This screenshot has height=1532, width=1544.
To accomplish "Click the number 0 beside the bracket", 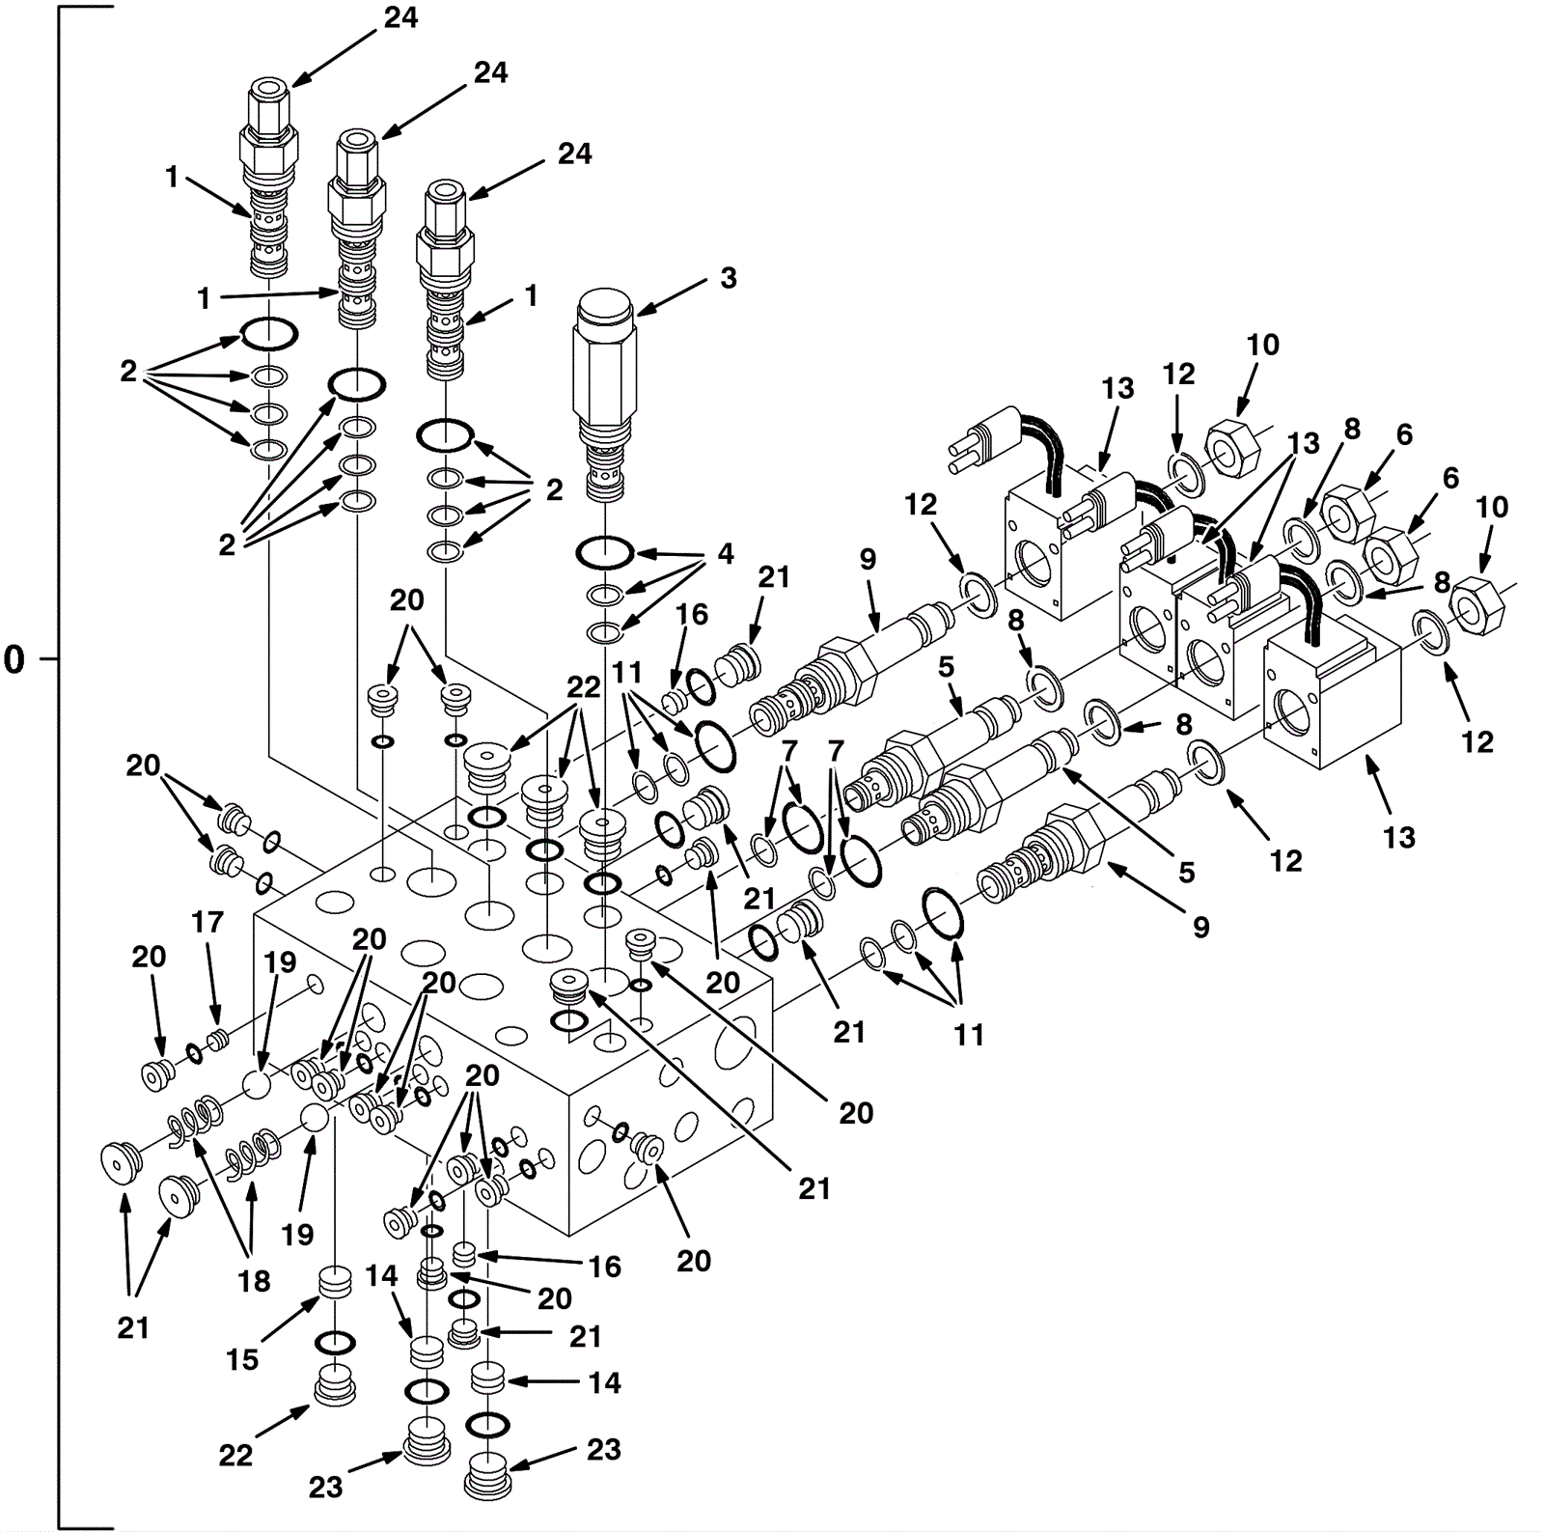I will pos(14,660).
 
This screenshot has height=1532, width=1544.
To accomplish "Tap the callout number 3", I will pos(728,278).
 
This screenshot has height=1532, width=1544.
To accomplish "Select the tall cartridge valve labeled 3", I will pos(604,386).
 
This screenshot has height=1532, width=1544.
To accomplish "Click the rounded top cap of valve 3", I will pos(604,307).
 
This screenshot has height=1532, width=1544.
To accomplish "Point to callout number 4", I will pos(725,554).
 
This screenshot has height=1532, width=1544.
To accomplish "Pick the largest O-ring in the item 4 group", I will pos(605,554).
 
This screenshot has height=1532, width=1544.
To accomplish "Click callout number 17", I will pos(207,923).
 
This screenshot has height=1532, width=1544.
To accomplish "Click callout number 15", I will pos(242,1359).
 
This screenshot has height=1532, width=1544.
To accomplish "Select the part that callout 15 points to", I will pos(335,1287).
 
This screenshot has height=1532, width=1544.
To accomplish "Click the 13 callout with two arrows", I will pos(1303,444).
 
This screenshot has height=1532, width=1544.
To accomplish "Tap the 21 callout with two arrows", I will pos(133,1328).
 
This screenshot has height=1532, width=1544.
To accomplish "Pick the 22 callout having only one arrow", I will pos(235,1455).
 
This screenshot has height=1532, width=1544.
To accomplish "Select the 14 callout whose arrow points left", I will pos(605,1383).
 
